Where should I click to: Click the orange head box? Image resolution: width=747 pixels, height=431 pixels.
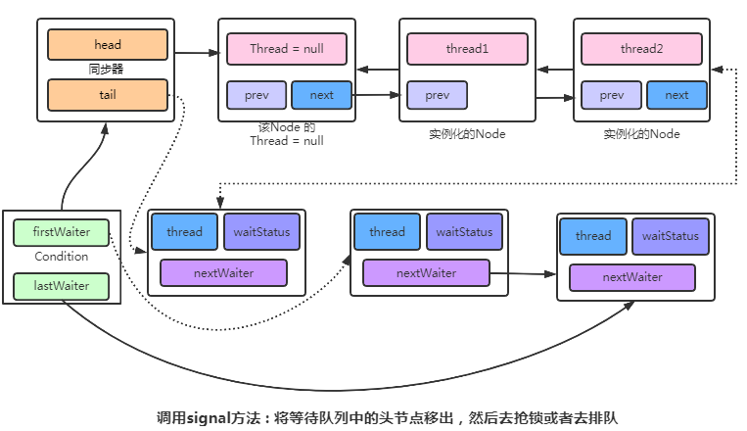(x=108, y=45)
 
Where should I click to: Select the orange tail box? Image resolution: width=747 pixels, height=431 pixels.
(x=108, y=95)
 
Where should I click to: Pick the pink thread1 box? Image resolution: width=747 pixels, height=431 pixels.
(x=465, y=49)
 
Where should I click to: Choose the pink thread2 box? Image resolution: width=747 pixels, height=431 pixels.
(x=641, y=49)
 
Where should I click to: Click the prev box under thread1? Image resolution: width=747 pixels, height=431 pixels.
(x=437, y=95)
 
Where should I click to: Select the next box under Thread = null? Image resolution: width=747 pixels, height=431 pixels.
(x=321, y=95)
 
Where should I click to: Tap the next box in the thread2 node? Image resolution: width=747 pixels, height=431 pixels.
(x=677, y=95)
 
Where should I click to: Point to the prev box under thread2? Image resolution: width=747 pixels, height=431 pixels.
(x=612, y=95)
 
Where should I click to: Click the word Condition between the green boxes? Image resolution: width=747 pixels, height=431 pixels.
(x=61, y=257)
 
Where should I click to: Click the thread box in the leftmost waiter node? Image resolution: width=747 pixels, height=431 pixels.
(x=184, y=232)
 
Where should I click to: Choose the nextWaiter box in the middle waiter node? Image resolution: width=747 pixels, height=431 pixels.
(x=426, y=272)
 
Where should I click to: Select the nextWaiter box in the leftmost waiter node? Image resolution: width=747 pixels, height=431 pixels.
(x=223, y=272)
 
